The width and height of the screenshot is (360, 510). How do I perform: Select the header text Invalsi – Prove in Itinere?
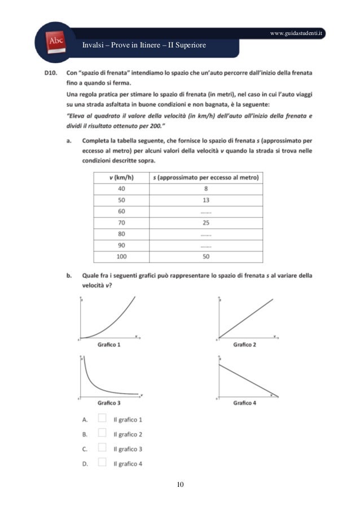[143, 45]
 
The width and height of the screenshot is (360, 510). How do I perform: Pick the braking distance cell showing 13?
[205, 200]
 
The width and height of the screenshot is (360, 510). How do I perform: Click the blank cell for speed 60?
[205, 211]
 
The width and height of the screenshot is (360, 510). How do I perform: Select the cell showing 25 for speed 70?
[205, 221]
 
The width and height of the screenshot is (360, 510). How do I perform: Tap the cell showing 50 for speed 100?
[205, 257]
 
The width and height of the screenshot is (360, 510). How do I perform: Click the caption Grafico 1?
[109, 344]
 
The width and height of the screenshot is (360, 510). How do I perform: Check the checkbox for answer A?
[102, 419]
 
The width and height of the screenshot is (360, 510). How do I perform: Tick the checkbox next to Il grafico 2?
[102, 434]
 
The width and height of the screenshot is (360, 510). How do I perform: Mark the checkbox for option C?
[102, 448]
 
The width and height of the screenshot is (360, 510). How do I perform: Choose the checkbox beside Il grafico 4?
[102, 463]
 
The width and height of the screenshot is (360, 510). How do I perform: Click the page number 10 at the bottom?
[180, 485]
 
